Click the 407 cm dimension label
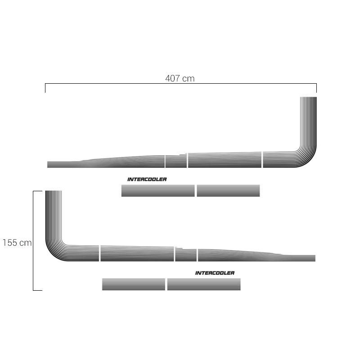tap(180, 78)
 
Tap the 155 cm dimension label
tap(17, 243)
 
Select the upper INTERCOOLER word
tap(147, 179)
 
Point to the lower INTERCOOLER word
tap(215, 273)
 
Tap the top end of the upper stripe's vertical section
tap(308, 97)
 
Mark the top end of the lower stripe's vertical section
tap(54, 191)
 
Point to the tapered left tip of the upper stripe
tap(48, 165)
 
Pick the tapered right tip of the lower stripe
tap(314, 258)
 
